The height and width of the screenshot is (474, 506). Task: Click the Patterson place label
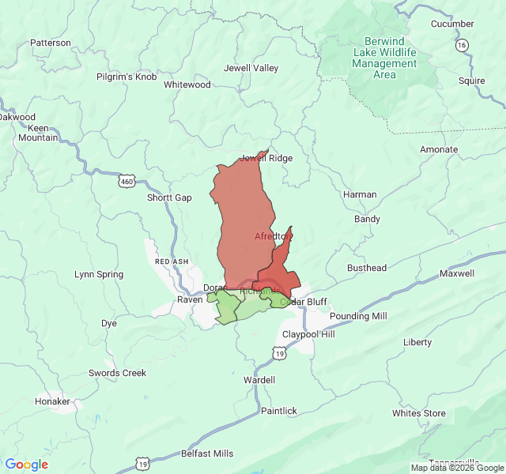pos(50,43)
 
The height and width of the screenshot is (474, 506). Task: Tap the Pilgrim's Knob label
pos(126,76)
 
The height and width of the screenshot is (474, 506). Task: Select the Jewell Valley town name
pos(251,68)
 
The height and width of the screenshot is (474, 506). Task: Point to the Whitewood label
pos(187,85)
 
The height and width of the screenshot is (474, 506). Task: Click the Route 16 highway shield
pos(462,45)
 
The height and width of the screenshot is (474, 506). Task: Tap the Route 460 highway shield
pos(126,182)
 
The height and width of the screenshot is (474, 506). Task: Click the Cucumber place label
pos(452,24)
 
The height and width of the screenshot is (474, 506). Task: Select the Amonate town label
pos(439,149)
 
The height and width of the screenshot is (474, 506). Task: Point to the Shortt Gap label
pos(169,197)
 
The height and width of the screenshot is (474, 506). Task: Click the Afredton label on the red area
pos(274,236)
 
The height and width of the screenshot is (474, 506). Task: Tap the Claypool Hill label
pos(308,334)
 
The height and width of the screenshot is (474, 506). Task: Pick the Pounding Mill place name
pos(358,316)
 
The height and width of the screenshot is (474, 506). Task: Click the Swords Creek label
pos(117,373)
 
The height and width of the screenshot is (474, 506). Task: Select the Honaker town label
pos(52,401)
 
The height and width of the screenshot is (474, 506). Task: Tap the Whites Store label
pos(419,413)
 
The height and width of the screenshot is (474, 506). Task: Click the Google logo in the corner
pos(26,465)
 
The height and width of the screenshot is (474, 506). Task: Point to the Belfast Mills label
pos(207,453)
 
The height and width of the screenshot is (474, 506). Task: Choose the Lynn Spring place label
pos(99,274)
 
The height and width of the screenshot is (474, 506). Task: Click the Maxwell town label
pos(457,274)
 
